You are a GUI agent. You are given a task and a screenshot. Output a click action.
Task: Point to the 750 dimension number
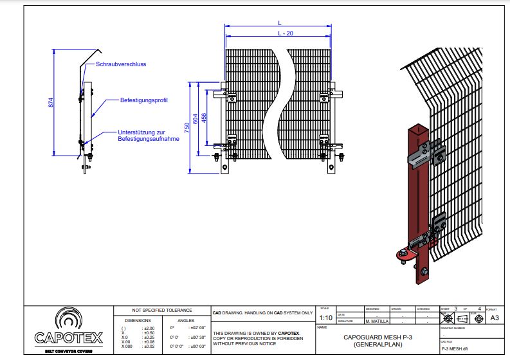pyautogui.click(x=187, y=127)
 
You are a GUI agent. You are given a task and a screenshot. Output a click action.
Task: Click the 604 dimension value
pyautogui.click(x=196, y=120)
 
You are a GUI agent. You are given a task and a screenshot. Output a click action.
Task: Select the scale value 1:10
pyautogui.click(x=325, y=318)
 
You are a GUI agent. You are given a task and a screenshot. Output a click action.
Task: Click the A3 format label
pyautogui.click(x=495, y=318)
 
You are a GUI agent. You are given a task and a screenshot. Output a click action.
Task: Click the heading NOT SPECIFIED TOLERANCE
pyautogui.click(x=162, y=310)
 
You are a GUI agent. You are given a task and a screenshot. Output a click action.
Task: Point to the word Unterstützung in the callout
pyautogui.click(x=138, y=132)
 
